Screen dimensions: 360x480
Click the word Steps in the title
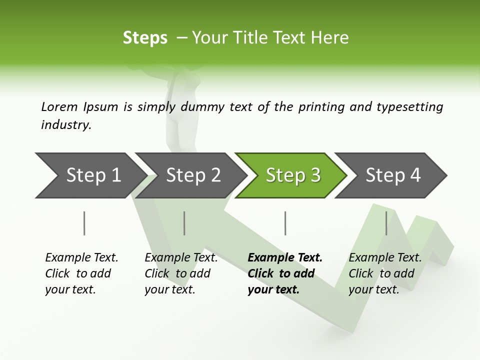point(145,38)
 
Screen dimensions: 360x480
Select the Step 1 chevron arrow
point(90,175)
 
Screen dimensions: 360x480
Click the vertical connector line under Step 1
point(84,223)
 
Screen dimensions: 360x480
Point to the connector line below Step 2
point(184,223)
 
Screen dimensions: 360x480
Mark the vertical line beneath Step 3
point(285,223)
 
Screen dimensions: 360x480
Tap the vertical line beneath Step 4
point(386,223)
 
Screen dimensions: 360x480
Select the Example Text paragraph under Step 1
point(81,273)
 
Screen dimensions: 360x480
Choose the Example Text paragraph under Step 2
point(181,273)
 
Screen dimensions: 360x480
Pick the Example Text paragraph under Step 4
point(385,273)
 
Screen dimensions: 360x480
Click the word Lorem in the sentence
point(59,106)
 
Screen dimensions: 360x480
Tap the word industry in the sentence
point(66,124)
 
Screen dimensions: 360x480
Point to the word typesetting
point(409,106)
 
